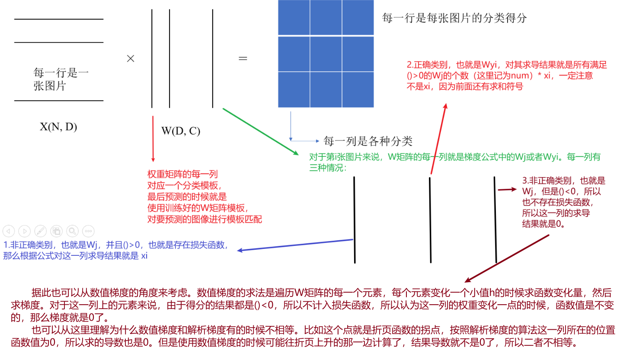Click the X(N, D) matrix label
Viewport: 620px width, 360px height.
(x=58, y=127)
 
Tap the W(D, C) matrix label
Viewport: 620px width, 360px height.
(x=180, y=131)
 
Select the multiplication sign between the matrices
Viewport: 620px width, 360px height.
(x=131, y=59)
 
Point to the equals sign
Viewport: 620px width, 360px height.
(x=243, y=58)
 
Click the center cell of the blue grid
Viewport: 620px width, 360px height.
(x=326, y=54)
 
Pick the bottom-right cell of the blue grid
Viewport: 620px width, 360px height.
(x=358, y=89)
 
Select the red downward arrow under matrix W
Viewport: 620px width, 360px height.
(x=153, y=138)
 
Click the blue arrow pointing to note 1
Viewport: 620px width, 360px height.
(x=296, y=245)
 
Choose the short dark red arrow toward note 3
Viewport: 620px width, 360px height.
(x=507, y=189)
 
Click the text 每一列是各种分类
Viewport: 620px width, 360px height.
(x=368, y=141)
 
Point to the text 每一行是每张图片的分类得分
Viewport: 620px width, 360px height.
(x=454, y=18)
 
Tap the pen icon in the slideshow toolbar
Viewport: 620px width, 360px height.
(x=40, y=231)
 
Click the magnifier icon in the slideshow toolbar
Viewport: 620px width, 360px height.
(x=72, y=231)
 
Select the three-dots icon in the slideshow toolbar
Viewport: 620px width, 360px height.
(x=88, y=231)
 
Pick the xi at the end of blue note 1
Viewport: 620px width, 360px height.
(x=144, y=256)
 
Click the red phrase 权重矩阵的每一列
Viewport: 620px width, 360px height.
(x=182, y=174)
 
